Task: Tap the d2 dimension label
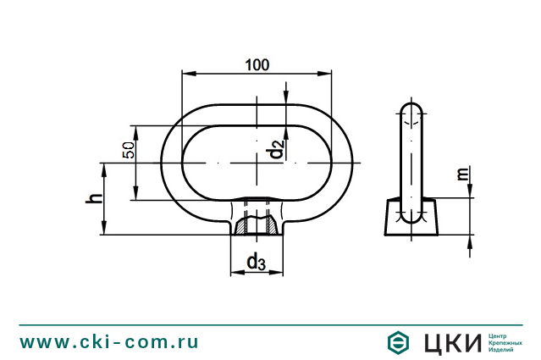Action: (275, 151)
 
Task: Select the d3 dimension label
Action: (255, 263)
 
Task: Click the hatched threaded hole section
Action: (255, 224)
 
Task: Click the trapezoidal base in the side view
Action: (411, 218)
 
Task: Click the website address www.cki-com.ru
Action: (110, 341)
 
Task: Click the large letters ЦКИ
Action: (449, 342)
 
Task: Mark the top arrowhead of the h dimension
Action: (104, 167)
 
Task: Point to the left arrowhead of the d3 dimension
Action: (235, 274)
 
